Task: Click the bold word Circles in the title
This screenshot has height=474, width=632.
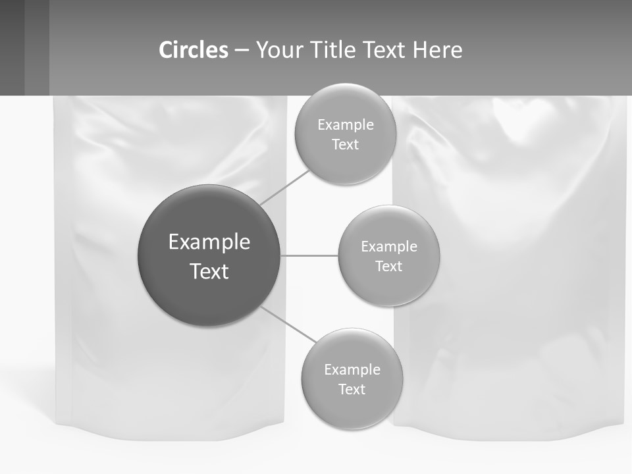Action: point(194,50)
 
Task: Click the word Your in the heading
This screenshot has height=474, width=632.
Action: point(280,50)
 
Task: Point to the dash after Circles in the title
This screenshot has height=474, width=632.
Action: point(242,51)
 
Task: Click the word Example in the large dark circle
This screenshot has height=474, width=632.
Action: point(209,242)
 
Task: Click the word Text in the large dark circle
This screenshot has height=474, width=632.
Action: point(209,271)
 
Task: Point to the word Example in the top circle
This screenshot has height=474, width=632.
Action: point(346,124)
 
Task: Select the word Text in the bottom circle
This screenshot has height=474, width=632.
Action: point(352,389)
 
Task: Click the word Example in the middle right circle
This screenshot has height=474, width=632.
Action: point(389,246)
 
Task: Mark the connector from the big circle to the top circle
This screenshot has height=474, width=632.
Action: point(284,187)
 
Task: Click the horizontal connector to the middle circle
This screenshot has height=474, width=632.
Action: point(309,255)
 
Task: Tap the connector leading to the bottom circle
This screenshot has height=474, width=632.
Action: point(288,325)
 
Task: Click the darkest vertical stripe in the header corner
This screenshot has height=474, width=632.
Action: point(12,47)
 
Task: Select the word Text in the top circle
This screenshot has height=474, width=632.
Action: point(345,144)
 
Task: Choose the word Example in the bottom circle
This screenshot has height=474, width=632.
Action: point(352,369)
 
